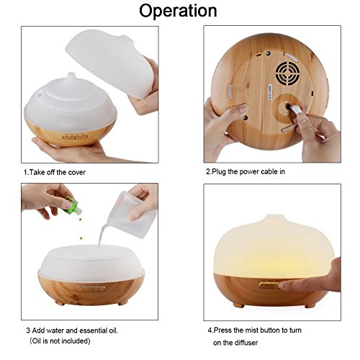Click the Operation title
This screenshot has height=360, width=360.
(x=178, y=11)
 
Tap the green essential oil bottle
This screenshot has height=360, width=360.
(x=73, y=207)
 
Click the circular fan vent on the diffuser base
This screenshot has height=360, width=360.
(x=287, y=73)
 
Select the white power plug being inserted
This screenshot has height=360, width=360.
(x=296, y=110)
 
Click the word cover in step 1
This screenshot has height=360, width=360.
(x=76, y=172)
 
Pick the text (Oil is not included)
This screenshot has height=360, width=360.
(x=60, y=341)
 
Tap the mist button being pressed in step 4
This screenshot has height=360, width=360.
(x=269, y=285)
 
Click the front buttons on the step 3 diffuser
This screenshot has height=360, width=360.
(x=91, y=289)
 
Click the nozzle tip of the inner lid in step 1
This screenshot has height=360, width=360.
(x=70, y=73)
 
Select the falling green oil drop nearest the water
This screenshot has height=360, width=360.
(x=81, y=238)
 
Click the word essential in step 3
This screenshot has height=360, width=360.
(x=94, y=330)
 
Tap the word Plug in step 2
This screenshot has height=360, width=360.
(x=219, y=172)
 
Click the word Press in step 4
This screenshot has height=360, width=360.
(x=223, y=330)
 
